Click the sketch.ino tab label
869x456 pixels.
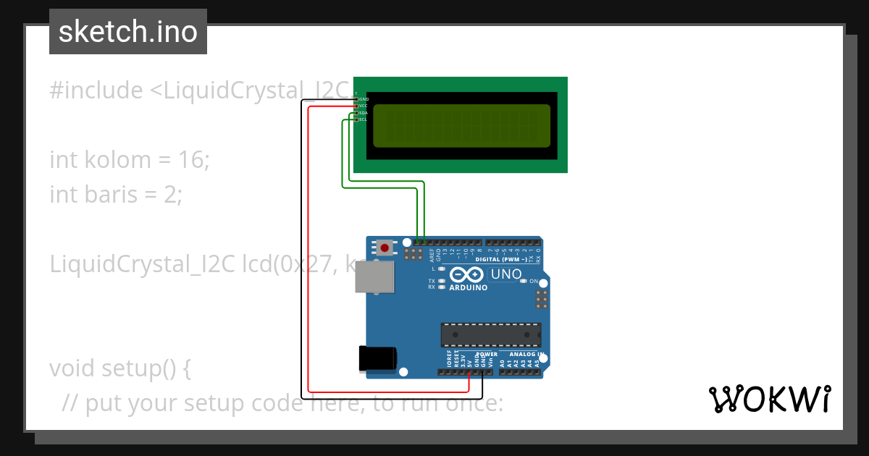pos(128,32)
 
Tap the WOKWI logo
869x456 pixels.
pos(768,399)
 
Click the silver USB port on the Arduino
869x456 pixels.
pos(375,276)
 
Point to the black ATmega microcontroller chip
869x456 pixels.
pos(491,335)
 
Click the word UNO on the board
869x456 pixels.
pos(505,274)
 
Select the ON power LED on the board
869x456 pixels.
pos(523,281)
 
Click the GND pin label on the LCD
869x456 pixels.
pos(364,98)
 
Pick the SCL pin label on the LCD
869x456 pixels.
pos(363,119)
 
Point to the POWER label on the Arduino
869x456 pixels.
pos(487,355)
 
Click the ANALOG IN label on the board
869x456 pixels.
pos(526,355)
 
